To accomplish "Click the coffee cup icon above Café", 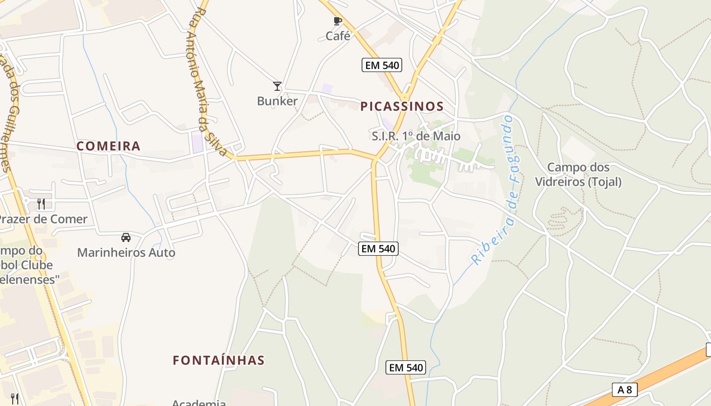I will pyautogui.click(x=337, y=21).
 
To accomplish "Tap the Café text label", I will pyautogui.click(x=338, y=36).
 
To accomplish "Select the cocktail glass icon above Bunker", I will pyautogui.click(x=277, y=86).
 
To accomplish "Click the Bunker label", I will pyautogui.click(x=277, y=101).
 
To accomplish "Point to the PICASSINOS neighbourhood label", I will pyautogui.click(x=402, y=107).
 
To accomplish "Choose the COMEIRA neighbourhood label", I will pyautogui.click(x=108, y=146).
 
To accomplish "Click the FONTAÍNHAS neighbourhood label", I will pyautogui.click(x=218, y=360).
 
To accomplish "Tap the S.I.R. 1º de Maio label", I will pyautogui.click(x=416, y=136).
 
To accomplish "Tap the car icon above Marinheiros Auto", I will pyautogui.click(x=125, y=237).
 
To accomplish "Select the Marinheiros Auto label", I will pyautogui.click(x=126, y=252).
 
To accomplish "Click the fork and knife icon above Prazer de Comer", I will pyautogui.click(x=41, y=204).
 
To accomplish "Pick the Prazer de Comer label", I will pyautogui.click(x=43, y=219).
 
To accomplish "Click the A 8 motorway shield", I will pyautogui.click(x=624, y=389).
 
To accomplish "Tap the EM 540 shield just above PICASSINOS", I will pyautogui.click(x=382, y=65).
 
